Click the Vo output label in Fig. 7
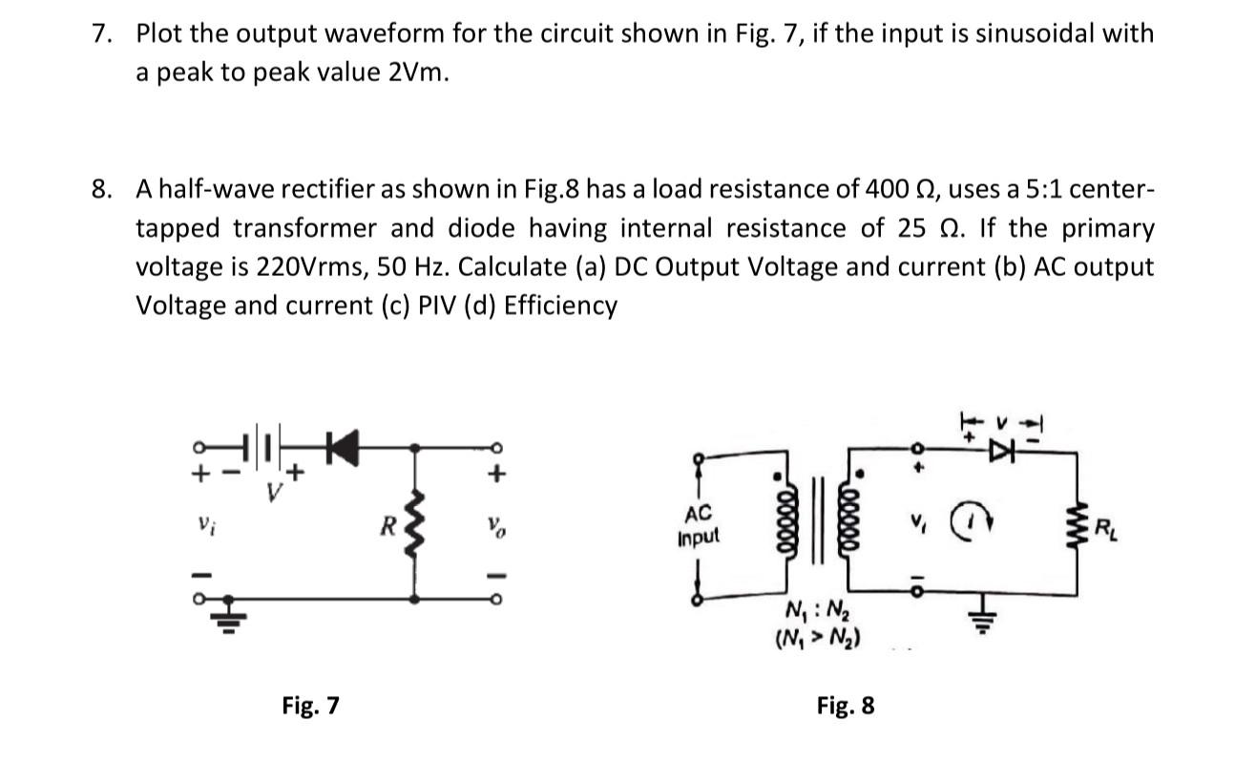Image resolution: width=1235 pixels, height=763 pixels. [x=492, y=524]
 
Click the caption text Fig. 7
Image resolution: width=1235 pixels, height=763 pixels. [x=310, y=706]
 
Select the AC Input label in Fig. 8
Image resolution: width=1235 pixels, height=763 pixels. [x=700, y=526]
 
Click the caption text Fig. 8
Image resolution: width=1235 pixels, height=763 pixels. [x=845, y=706]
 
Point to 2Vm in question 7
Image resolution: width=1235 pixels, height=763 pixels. [x=417, y=74]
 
